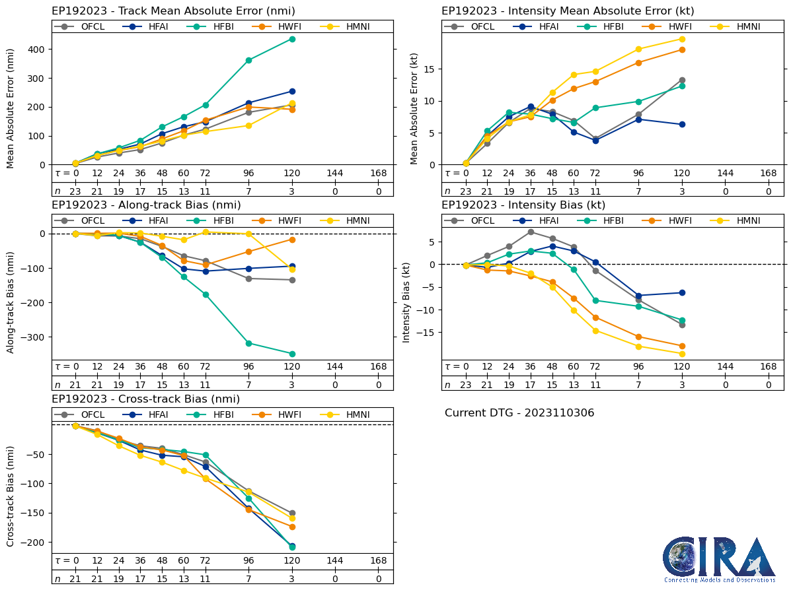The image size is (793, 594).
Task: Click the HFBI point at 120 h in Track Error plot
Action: tap(292, 39)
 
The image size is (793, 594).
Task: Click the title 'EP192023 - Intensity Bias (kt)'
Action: tap(523, 205)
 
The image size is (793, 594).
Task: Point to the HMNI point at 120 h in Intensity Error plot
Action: tap(682, 39)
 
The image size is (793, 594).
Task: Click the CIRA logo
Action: tap(719, 559)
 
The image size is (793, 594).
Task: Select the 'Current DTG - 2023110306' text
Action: tap(519, 413)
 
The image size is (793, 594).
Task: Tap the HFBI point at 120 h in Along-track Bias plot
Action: tap(292, 354)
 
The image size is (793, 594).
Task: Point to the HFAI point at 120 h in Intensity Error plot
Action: tap(682, 124)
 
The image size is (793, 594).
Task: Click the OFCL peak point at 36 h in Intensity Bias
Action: tap(531, 232)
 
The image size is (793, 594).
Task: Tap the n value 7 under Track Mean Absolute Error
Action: tap(248, 191)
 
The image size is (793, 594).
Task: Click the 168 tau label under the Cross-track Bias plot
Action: tap(379, 561)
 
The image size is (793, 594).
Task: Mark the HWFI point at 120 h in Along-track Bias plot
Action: tap(292, 240)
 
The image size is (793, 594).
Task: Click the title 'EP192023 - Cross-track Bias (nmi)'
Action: tap(145, 399)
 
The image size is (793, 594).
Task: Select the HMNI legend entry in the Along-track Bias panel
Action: tap(346, 220)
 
